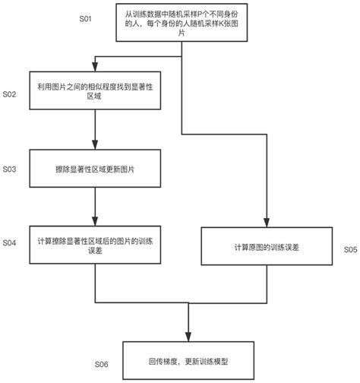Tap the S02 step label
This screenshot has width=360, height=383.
10,95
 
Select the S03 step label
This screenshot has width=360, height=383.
10,168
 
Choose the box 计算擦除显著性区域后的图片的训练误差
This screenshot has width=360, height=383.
94,246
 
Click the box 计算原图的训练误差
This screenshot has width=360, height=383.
269,248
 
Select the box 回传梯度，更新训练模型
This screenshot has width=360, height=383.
188,361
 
